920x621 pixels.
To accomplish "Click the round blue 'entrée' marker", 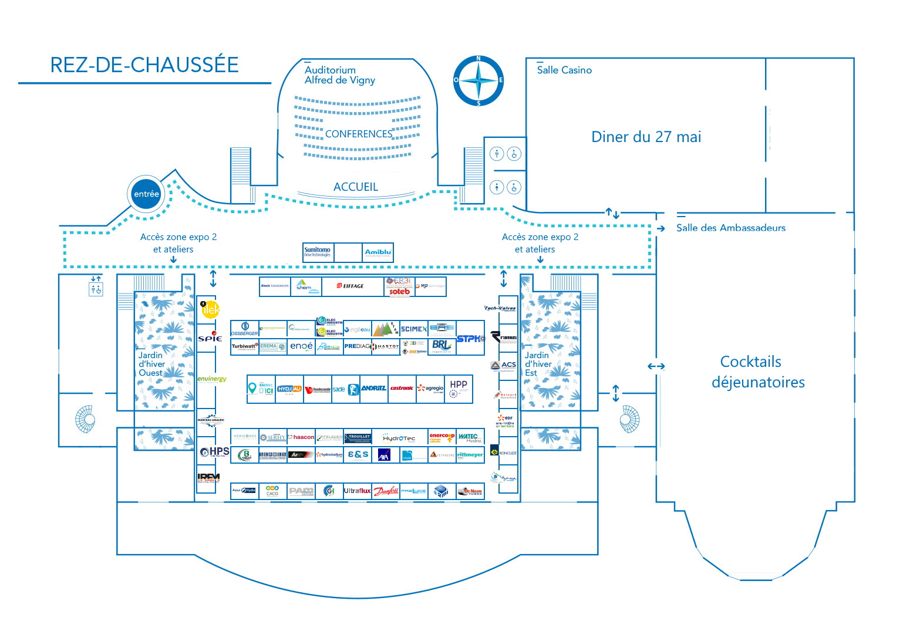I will point(146,194).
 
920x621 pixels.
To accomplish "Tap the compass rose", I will point(478,80).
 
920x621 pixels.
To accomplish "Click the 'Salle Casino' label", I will point(564,70).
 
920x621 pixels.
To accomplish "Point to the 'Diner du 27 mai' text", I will point(646,137).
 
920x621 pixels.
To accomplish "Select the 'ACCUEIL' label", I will point(356,187).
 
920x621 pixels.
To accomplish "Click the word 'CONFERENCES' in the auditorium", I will point(358,134).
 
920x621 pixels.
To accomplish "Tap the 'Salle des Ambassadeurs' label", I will point(730,228).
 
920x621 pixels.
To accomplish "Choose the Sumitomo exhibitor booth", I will point(318,252).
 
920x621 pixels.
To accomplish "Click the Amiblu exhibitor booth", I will point(378,252).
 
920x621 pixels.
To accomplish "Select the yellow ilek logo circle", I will point(210,309).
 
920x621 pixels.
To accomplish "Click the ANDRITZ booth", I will point(373,389).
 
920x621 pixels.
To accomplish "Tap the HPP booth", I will point(459,388).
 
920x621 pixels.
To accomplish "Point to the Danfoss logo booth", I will point(386,491).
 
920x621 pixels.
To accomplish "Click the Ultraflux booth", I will point(357,491).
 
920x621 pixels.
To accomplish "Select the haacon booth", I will point(303,437).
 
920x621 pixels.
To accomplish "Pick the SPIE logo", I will point(210,338).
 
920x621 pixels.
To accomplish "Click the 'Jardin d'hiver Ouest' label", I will point(151,364).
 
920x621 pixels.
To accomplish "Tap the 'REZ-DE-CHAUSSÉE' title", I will point(144,65).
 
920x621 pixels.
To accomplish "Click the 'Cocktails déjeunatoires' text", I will point(757,372).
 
